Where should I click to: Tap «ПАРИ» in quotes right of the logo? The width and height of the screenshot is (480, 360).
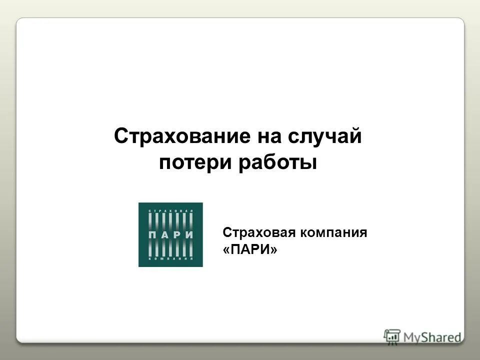click(x=250, y=249)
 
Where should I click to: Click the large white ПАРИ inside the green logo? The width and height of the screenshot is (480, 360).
click(x=170, y=234)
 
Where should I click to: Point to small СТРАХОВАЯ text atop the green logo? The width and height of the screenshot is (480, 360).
click(x=170, y=212)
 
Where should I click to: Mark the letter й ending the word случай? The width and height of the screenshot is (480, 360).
click(x=356, y=136)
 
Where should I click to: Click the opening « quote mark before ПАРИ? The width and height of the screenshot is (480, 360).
click(x=227, y=249)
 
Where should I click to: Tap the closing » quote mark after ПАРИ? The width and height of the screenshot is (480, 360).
click(x=273, y=249)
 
